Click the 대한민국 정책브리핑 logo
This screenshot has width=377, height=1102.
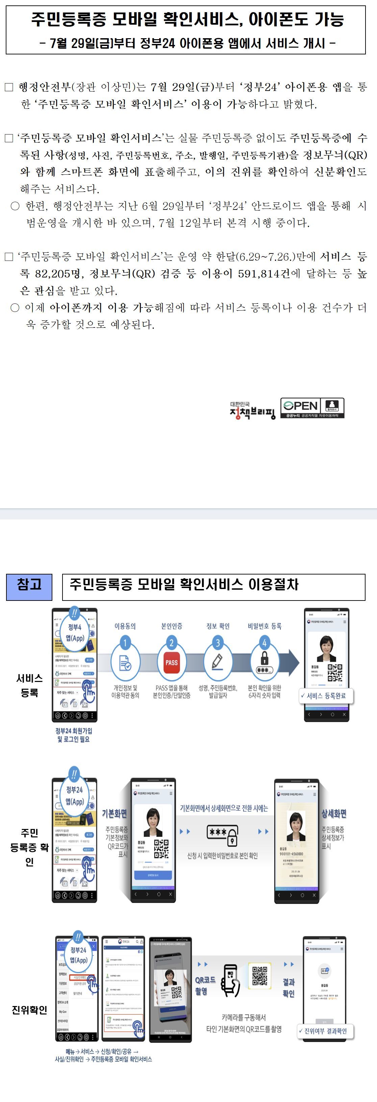(252, 410)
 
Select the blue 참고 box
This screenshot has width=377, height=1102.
(29, 587)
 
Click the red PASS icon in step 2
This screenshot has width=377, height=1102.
(171, 662)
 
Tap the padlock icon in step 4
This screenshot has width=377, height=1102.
(265, 658)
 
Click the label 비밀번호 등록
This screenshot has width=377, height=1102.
(265, 626)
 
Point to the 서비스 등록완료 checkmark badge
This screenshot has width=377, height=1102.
(326, 695)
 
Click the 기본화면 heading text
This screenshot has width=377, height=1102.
(114, 813)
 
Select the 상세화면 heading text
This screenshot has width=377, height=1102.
(334, 813)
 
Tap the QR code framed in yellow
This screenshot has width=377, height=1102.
(259, 976)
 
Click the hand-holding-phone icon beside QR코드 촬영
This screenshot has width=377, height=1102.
(230, 980)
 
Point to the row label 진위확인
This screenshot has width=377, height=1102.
(29, 1010)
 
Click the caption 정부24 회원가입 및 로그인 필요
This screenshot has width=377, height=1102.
(74, 735)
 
